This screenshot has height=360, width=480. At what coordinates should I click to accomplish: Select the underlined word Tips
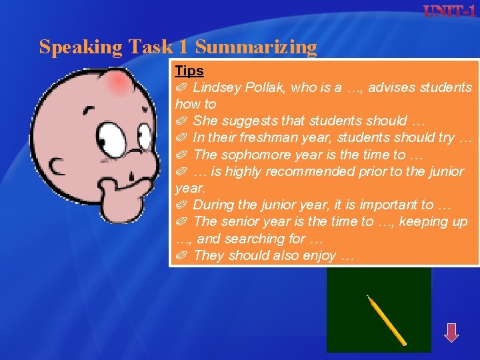click(x=189, y=71)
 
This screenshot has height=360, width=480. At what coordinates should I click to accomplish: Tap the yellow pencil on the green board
click(x=387, y=320)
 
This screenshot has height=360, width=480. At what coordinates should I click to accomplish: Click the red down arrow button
click(x=451, y=332)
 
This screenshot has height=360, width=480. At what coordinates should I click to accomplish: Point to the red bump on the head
click(x=119, y=83)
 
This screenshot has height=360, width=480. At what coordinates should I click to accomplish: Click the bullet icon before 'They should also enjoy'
click(x=181, y=255)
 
